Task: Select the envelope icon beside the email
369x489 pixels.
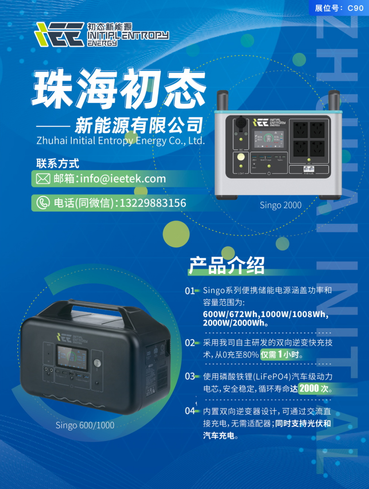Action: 43,179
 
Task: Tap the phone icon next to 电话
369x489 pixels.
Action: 43,203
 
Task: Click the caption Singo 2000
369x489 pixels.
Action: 281,205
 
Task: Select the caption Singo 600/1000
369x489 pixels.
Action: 85,426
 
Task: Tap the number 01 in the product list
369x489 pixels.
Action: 190,291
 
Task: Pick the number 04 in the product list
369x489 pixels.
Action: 190,411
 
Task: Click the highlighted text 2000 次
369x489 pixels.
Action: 315,388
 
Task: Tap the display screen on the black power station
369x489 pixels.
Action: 71,356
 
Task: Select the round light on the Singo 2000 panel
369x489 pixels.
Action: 241,157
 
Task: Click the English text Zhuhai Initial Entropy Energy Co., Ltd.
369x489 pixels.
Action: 120,141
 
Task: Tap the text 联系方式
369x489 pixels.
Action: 57,164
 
